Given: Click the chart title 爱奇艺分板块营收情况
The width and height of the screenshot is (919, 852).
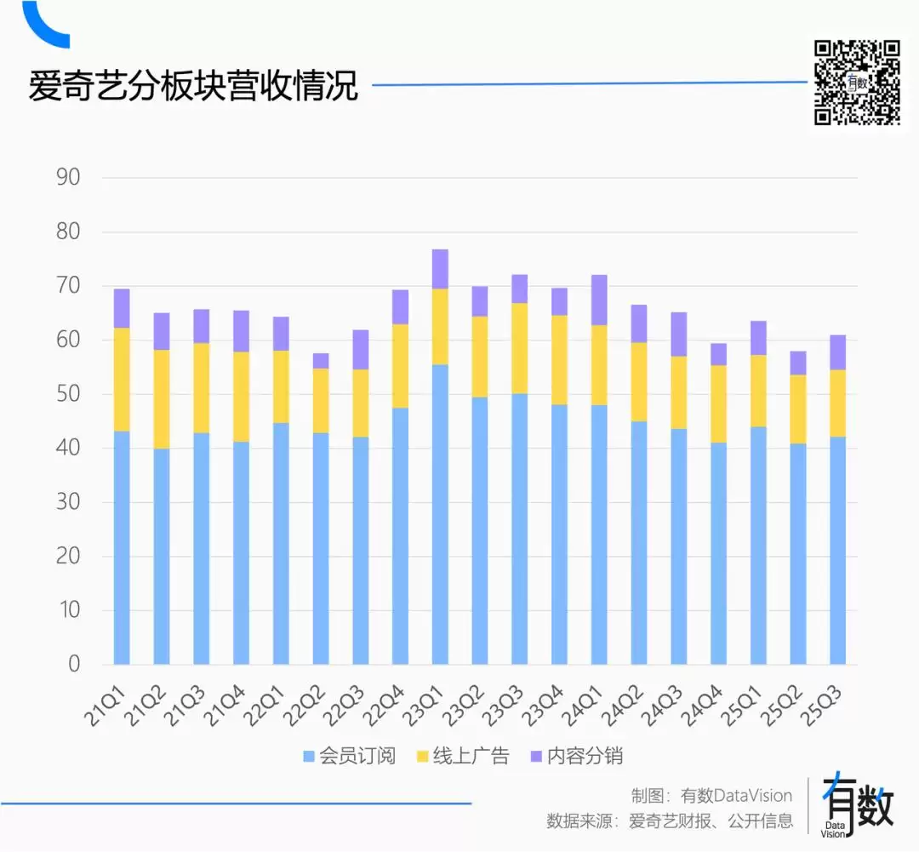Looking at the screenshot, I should [x=193, y=87].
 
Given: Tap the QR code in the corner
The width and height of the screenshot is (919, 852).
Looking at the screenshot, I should [x=857, y=83].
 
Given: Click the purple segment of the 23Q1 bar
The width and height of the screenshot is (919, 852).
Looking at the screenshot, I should [x=440, y=269].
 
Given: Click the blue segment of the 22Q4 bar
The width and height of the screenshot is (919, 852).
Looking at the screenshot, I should [x=400, y=536].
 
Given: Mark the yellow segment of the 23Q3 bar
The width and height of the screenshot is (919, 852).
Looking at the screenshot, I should [x=519, y=348].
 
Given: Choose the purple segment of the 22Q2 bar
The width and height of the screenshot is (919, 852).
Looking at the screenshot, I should [x=321, y=361].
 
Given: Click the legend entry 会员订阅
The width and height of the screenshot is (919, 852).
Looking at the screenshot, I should [x=349, y=756].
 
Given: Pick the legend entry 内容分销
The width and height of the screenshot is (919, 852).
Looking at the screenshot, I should [x=578, y=756].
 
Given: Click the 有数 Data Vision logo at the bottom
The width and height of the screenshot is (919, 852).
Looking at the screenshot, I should [x=858, y=804].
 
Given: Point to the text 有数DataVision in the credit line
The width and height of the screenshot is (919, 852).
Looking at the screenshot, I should [x=736, y=796].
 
